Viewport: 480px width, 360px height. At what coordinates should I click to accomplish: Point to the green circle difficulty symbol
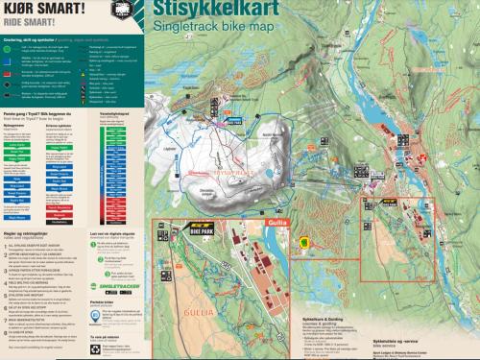click(x=8, y=45)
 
